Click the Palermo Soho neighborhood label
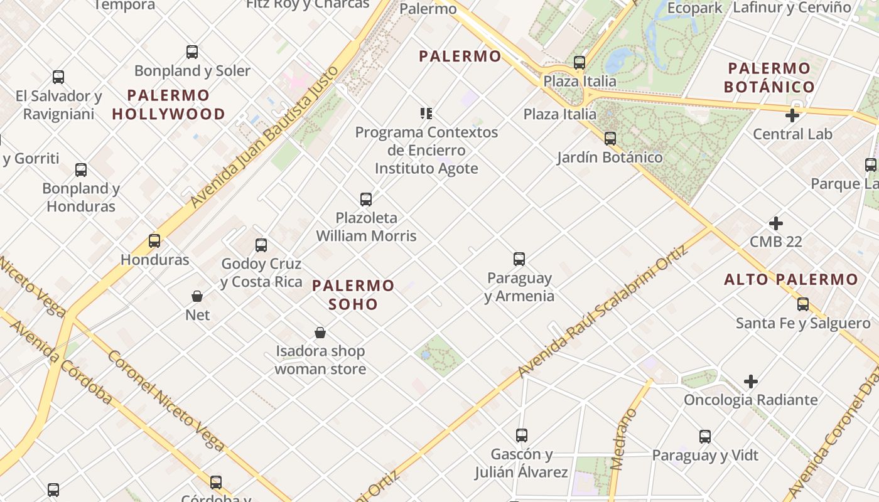pyautogui.click(x=353, y=295)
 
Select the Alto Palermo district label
pyautogui.click(x=791, y=280)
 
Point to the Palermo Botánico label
pyautogui.click(x=769, y=77)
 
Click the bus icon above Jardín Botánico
pyautogui.click(x=610, y=139)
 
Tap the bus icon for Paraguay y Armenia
pyautogui.click(x=519, y=259)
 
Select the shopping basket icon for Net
pyautogui.click(x=197, y=296)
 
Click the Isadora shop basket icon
pyautogui.click(x=320, y=333)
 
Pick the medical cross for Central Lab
pyautogui.click(x=792, y=115)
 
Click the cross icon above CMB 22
pyautogui.click(x=776, y=223)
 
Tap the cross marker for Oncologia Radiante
pyautogui.click(x=750, y=382)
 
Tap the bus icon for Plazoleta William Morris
pyautogui.click(x=366, y=200)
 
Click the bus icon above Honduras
pyautogui.click(x=154, y=241)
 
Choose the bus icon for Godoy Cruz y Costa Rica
pyautogui.click(x=261, y=245)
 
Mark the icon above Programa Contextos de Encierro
pyautogui.click(x=426, y=114)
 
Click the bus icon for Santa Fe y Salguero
pyautogui.click(x=803, y=305)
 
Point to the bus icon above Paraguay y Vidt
pyautogui.click(x=705, y=437)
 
